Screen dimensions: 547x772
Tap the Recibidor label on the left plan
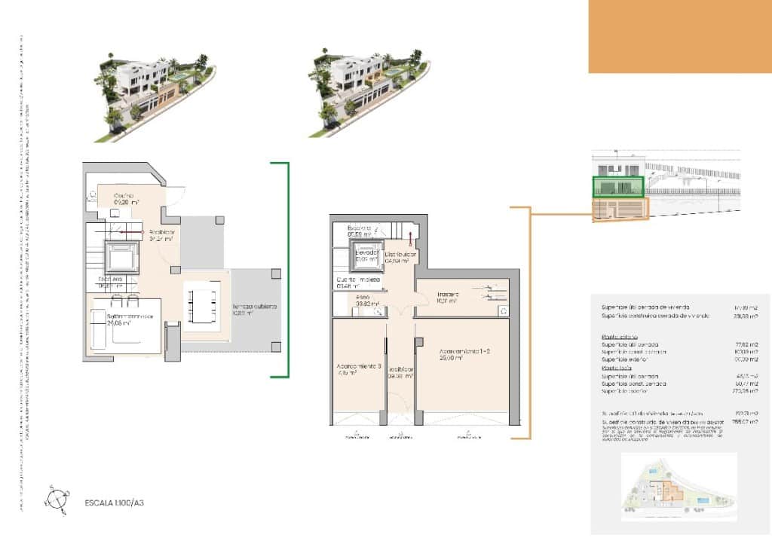coord(161,233)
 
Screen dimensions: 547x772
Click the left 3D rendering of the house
coord(155,94)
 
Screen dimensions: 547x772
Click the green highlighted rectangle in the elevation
coord(618,187)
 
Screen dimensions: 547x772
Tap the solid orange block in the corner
coord(679,36)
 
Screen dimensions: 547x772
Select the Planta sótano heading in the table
coord(619,336)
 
